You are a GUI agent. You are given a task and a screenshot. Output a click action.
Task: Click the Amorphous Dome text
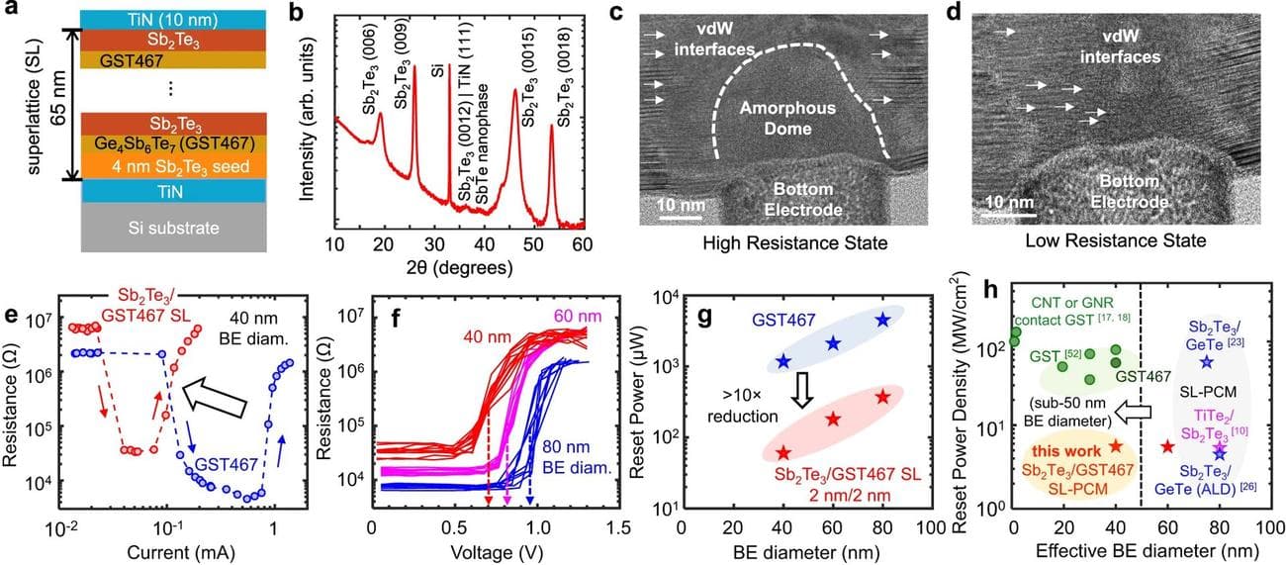pyautogui.click(x=778, y=120)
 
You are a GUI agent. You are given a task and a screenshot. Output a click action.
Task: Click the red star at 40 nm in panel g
pyautogui.click(x=783, y=453)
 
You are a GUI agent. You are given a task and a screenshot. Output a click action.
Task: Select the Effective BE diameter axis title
pyautogui.click(x=1126, y=550)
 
